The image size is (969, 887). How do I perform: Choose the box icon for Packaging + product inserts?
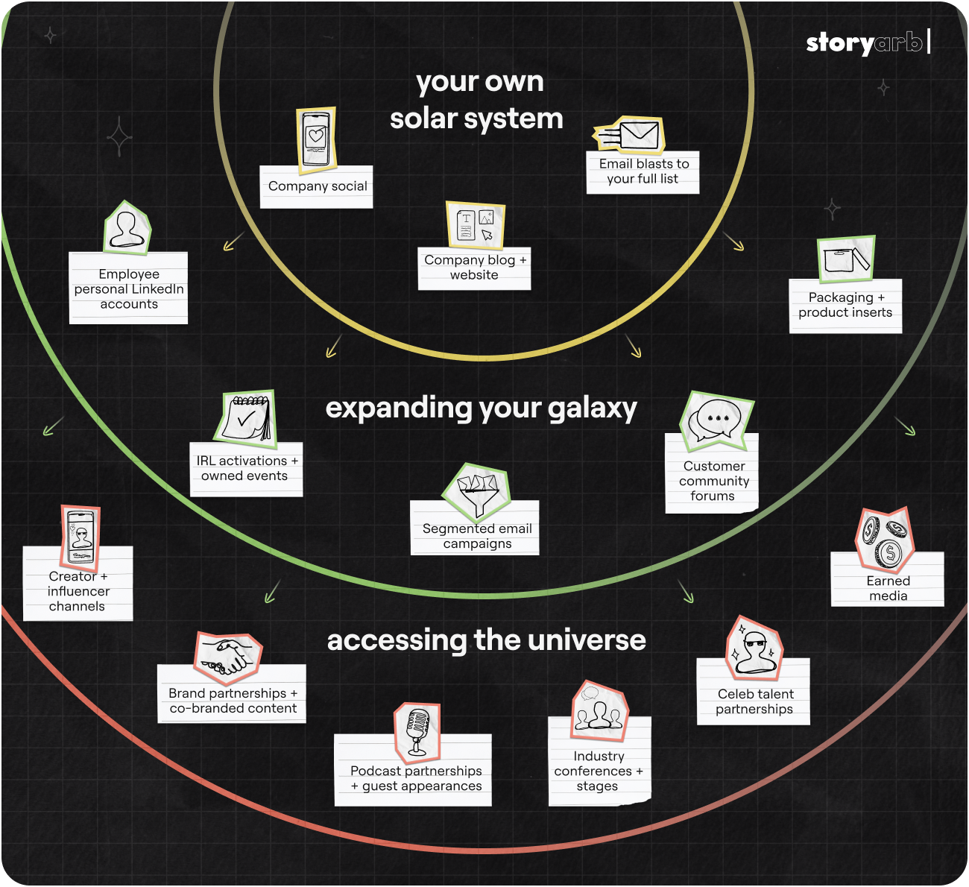(845, 259)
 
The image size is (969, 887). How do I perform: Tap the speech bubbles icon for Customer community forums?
(716, 420)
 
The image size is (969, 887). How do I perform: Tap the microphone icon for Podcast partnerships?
(417, 730)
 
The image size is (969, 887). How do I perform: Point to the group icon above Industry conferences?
(599, 711)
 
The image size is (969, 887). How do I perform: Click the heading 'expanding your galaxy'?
(481, 408)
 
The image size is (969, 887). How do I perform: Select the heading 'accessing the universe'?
(486, 640)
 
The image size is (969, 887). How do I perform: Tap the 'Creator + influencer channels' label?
(78, 591)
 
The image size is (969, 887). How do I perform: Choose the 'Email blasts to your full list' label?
(643, 171)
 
